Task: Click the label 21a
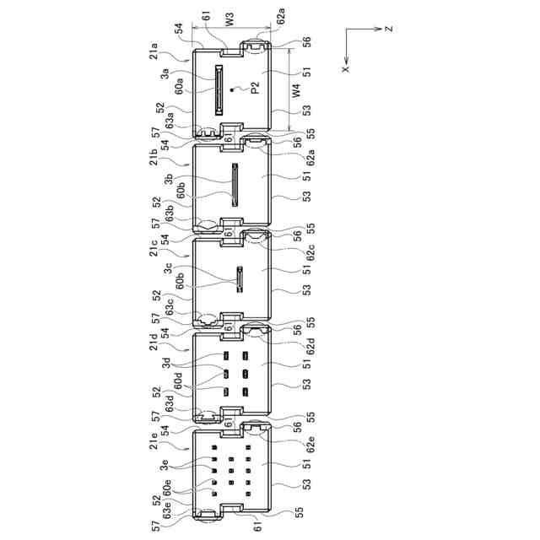click(x=154, y=51)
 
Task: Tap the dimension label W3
click(x=229, y=19)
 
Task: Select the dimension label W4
click(x=296, y=91)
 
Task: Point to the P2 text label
click(x=255, y=89)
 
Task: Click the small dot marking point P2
click(x=233, y=90)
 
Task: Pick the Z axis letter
click(x=389, y=29)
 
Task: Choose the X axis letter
click(x=346, y=69)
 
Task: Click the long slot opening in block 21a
click(x=219, y=89)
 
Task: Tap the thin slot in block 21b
click(x=235, y=185)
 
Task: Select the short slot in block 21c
click(x=240, y=279)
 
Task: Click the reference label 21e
click(x=154, y=440)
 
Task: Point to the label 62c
click(x=310, y=252)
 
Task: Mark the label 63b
click(x=169, y=213)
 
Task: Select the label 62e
click(x=310, y=445)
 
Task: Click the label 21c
click(x=154, y=247)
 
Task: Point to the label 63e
click(x=167, y=510)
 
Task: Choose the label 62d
click(x=310, y=347)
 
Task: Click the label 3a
click(x=165, y=73)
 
